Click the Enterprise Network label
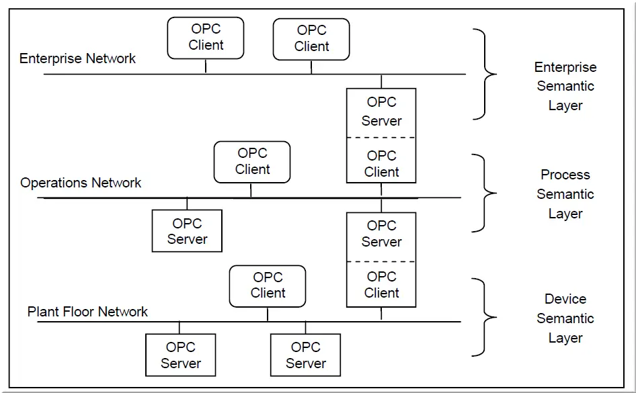pyautogui.click(x=77, y=58)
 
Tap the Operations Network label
pyautogui.click(x=81, y=183)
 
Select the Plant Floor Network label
pyautogui.click(x=87, y=312)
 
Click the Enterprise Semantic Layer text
pyautogui.click(x=565, y=86)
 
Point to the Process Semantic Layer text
pyautogui.click(x=565, y=194)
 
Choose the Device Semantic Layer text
pyautogui.click(x=565, y=318)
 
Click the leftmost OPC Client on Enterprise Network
pyautogui.click(x=206, y=38)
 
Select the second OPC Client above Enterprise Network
pyautogui.click(x=311, y=39)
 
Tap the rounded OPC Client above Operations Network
pyautogui.click(x=252, y=162)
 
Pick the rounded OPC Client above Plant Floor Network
pyautogui.click(x=268, y=286)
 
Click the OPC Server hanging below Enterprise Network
pyautogui.click(x=381, y=113)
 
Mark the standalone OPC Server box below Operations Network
pyautogui.click(x=187, y=231)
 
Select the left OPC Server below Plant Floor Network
pyautogui.click(x=180, y=355)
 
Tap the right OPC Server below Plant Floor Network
pyautogui.click(x=305, y=355)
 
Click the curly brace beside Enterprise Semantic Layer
pyautogui.click(x=485, y=74)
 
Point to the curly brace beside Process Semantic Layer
pyautogui.click(x=485, y=193)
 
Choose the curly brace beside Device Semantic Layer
pyautogui.click(x=485, y=317)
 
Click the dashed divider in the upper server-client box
pyautogui.click(x=381, y=138)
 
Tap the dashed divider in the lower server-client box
pyautogui.click(x=381, y=262)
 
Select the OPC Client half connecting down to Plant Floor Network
pyautogui.click(x=381, y=284)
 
